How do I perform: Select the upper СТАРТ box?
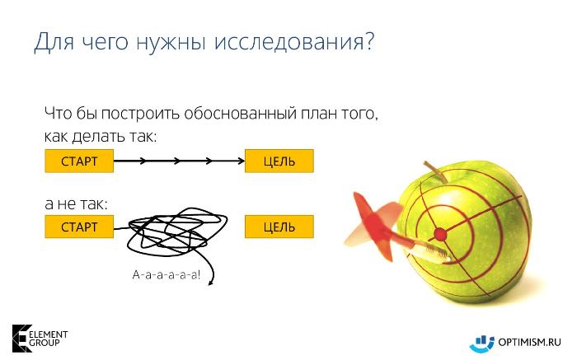(79, 161)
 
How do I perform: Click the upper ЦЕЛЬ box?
(279, 161)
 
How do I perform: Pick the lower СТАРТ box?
(79, 227)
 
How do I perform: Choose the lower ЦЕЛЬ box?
(279, 227)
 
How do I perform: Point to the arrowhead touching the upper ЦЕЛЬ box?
(242, 161)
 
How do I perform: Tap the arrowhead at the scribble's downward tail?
(211, 283)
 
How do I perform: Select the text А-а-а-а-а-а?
(167, 274)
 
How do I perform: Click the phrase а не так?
(76, 203)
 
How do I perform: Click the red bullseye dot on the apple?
(440, 234)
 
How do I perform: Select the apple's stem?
(436, 171)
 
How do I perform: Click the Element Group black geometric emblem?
(21, 339)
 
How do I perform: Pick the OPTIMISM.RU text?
(529, 342)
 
